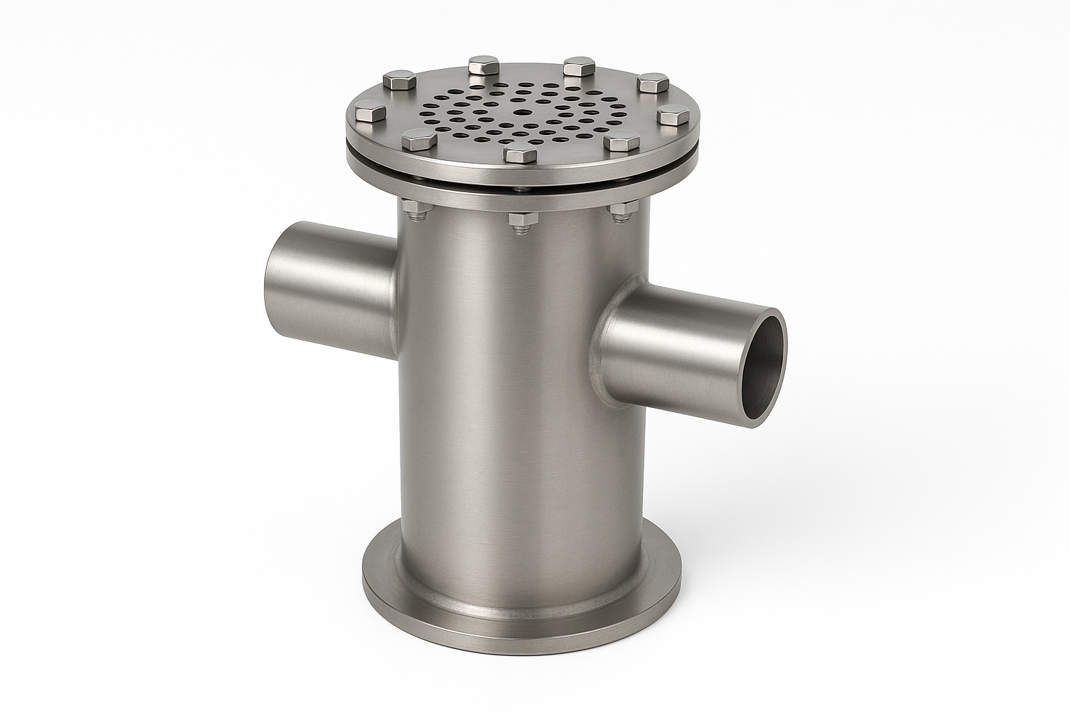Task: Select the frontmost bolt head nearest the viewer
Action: [x=520, y=155]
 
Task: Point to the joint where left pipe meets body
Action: [x=396, y=285]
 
